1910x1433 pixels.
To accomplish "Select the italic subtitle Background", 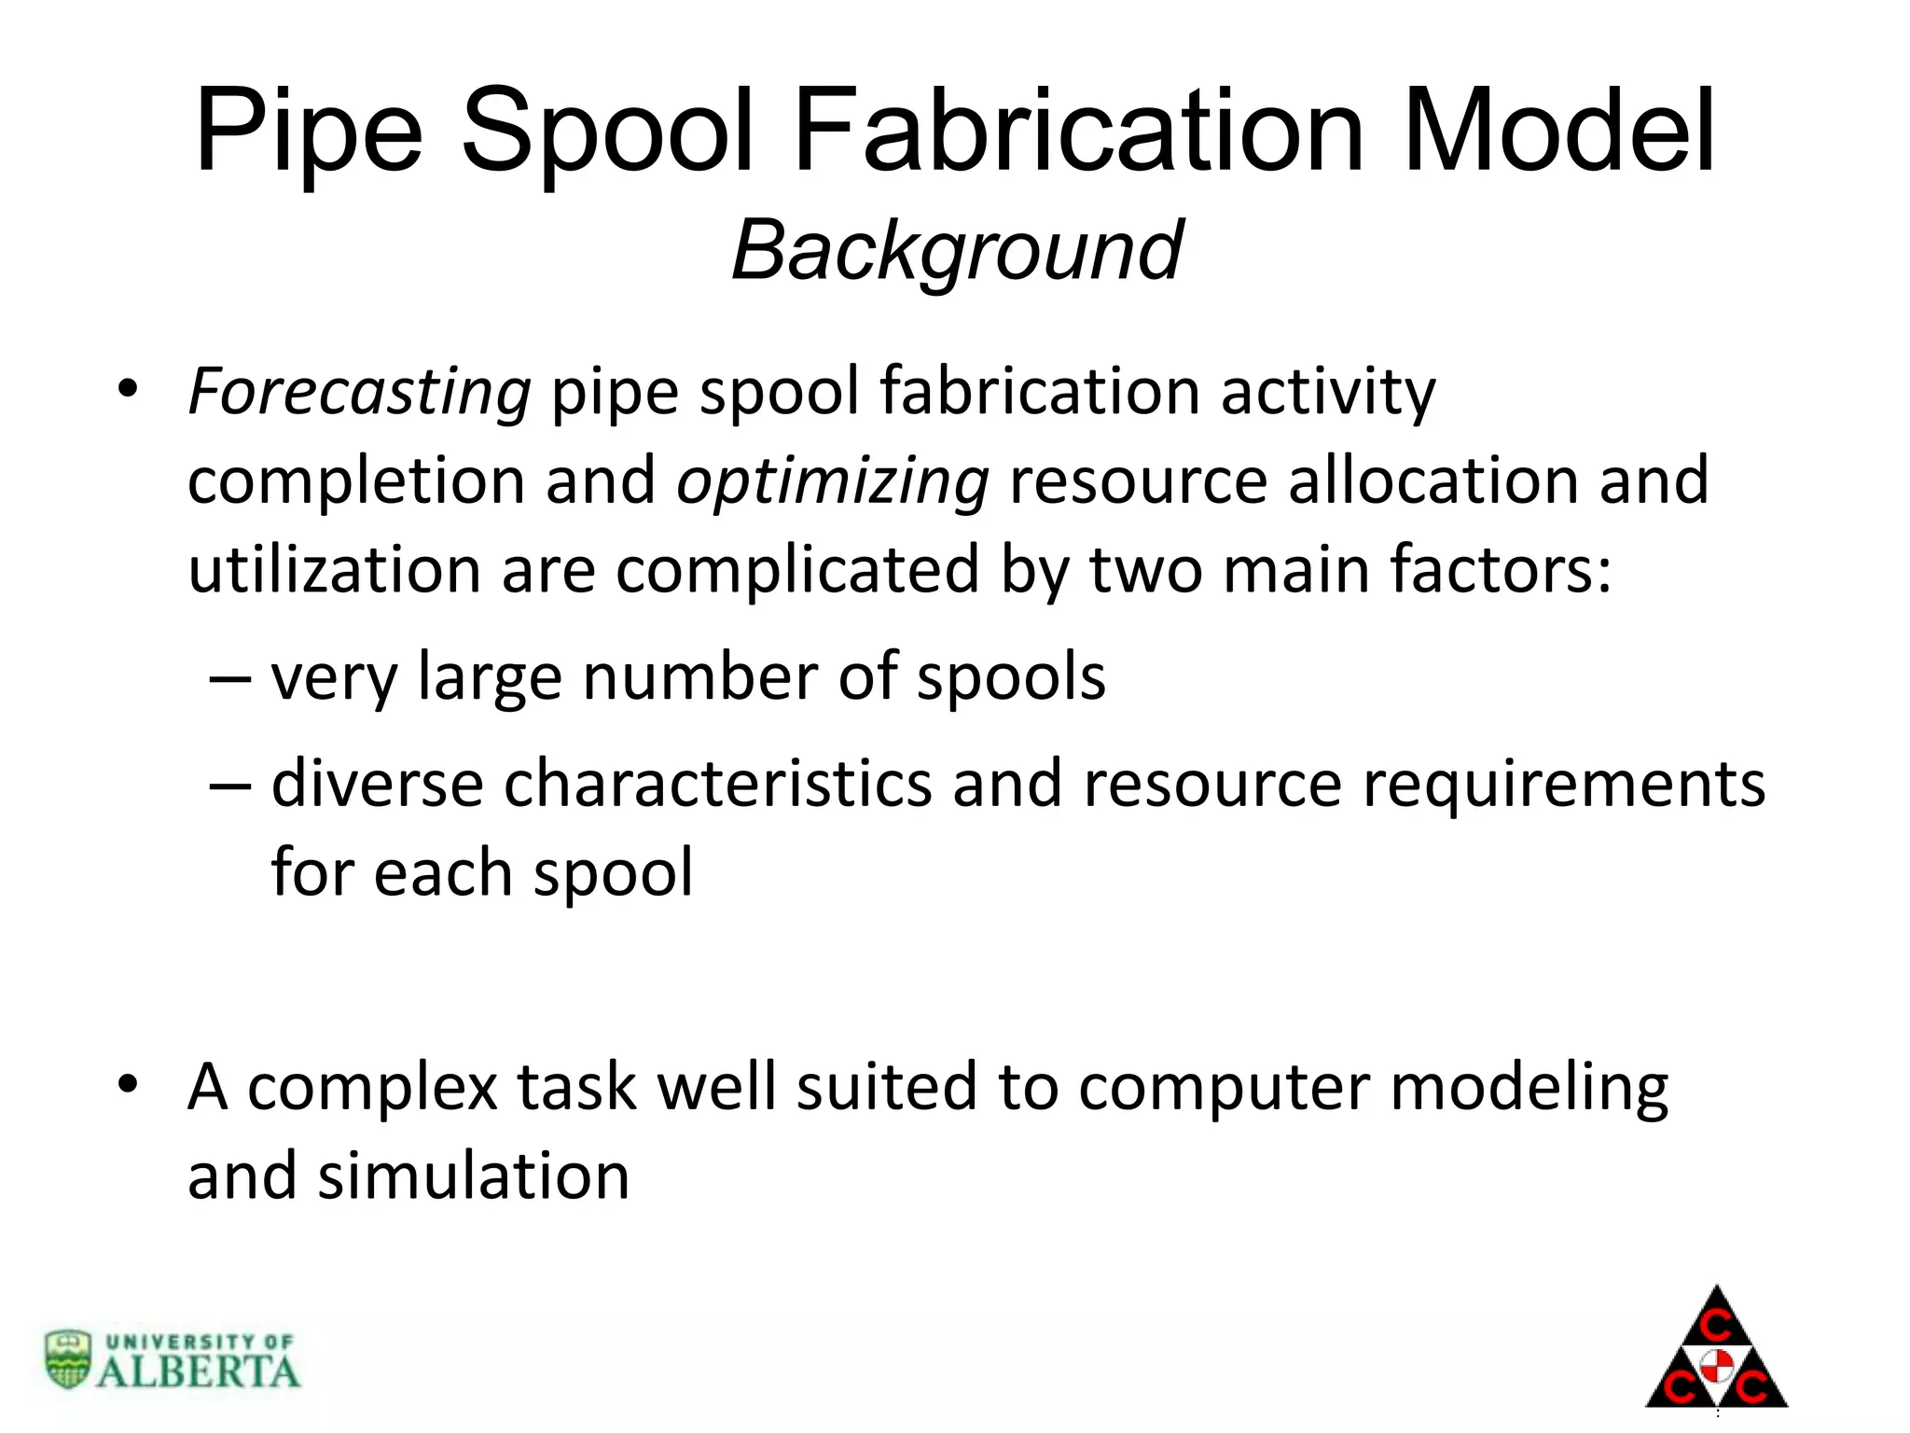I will (957, 250).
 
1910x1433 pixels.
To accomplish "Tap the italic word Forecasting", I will (359, 392).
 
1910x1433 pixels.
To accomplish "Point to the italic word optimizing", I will (832, 481).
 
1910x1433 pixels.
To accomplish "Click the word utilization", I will (334, 570).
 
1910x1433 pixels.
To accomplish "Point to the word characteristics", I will (717, 784).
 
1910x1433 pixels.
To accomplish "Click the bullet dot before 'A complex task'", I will (128, 1084).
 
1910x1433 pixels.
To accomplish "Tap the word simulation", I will (474, 1176).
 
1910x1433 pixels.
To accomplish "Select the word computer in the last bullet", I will (1223, 1088).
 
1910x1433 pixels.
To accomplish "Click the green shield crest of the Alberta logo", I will (68, 1358).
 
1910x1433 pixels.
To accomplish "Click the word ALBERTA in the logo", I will (198, 1371).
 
